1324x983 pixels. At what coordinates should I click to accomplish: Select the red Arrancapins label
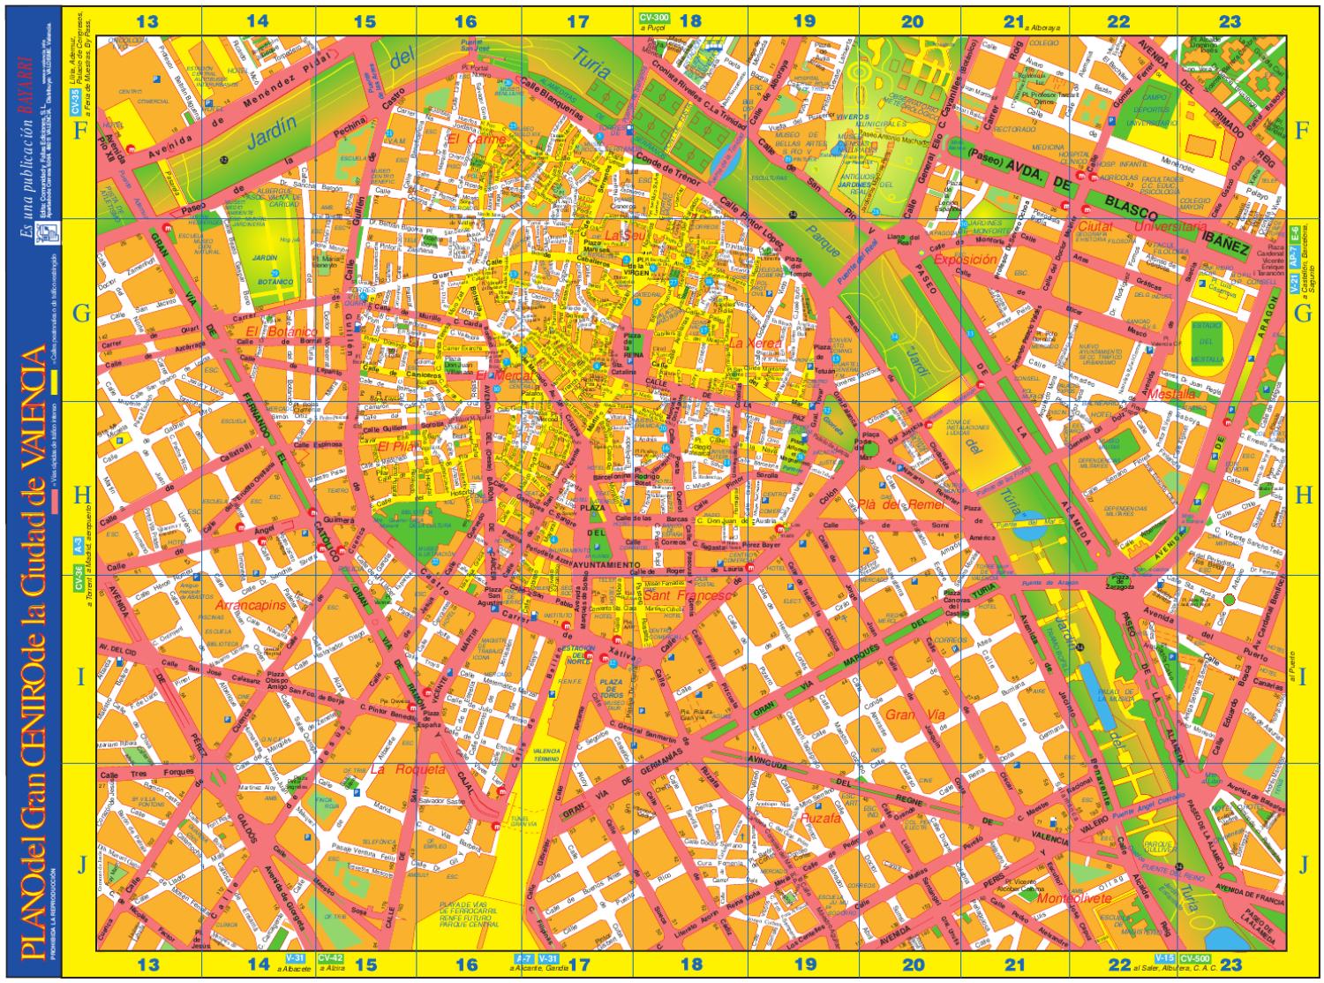point(250,606)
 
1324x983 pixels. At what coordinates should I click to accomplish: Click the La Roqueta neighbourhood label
point(407,769)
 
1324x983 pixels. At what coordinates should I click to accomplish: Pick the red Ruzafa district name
point(822,819)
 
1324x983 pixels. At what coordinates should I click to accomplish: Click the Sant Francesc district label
point(686,596)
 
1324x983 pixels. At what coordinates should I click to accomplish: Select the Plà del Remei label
point(900,504)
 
